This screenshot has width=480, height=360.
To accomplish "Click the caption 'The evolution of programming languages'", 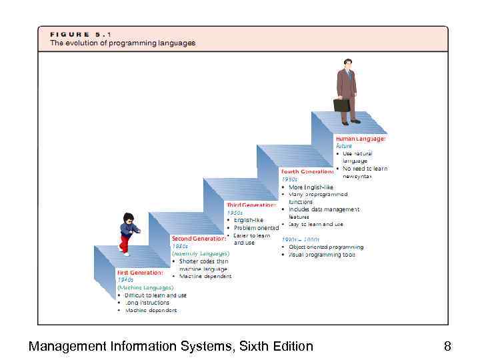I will point(123,43).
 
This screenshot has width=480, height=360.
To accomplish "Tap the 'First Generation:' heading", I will point(140,273).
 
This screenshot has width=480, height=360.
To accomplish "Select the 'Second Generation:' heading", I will point(199,238).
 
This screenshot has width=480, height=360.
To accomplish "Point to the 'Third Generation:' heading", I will point(251,205).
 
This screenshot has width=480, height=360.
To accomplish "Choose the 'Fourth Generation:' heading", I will point(307,171).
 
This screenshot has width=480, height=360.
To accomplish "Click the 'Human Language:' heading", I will point(360,139).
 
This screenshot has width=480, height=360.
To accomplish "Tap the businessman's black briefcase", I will point(341,105).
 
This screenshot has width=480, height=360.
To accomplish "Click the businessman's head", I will point(347,63).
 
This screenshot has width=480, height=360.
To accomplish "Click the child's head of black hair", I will point(128,218).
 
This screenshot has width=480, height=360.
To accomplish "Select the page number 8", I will point(447,346).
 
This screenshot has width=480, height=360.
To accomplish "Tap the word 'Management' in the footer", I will point(67,346).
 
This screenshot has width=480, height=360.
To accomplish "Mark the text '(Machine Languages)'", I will point(140,288).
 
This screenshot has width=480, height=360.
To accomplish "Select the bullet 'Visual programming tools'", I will point(322,255).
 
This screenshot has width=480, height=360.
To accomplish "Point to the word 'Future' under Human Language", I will point(344,146).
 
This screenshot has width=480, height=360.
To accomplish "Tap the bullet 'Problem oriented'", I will point(256,227).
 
